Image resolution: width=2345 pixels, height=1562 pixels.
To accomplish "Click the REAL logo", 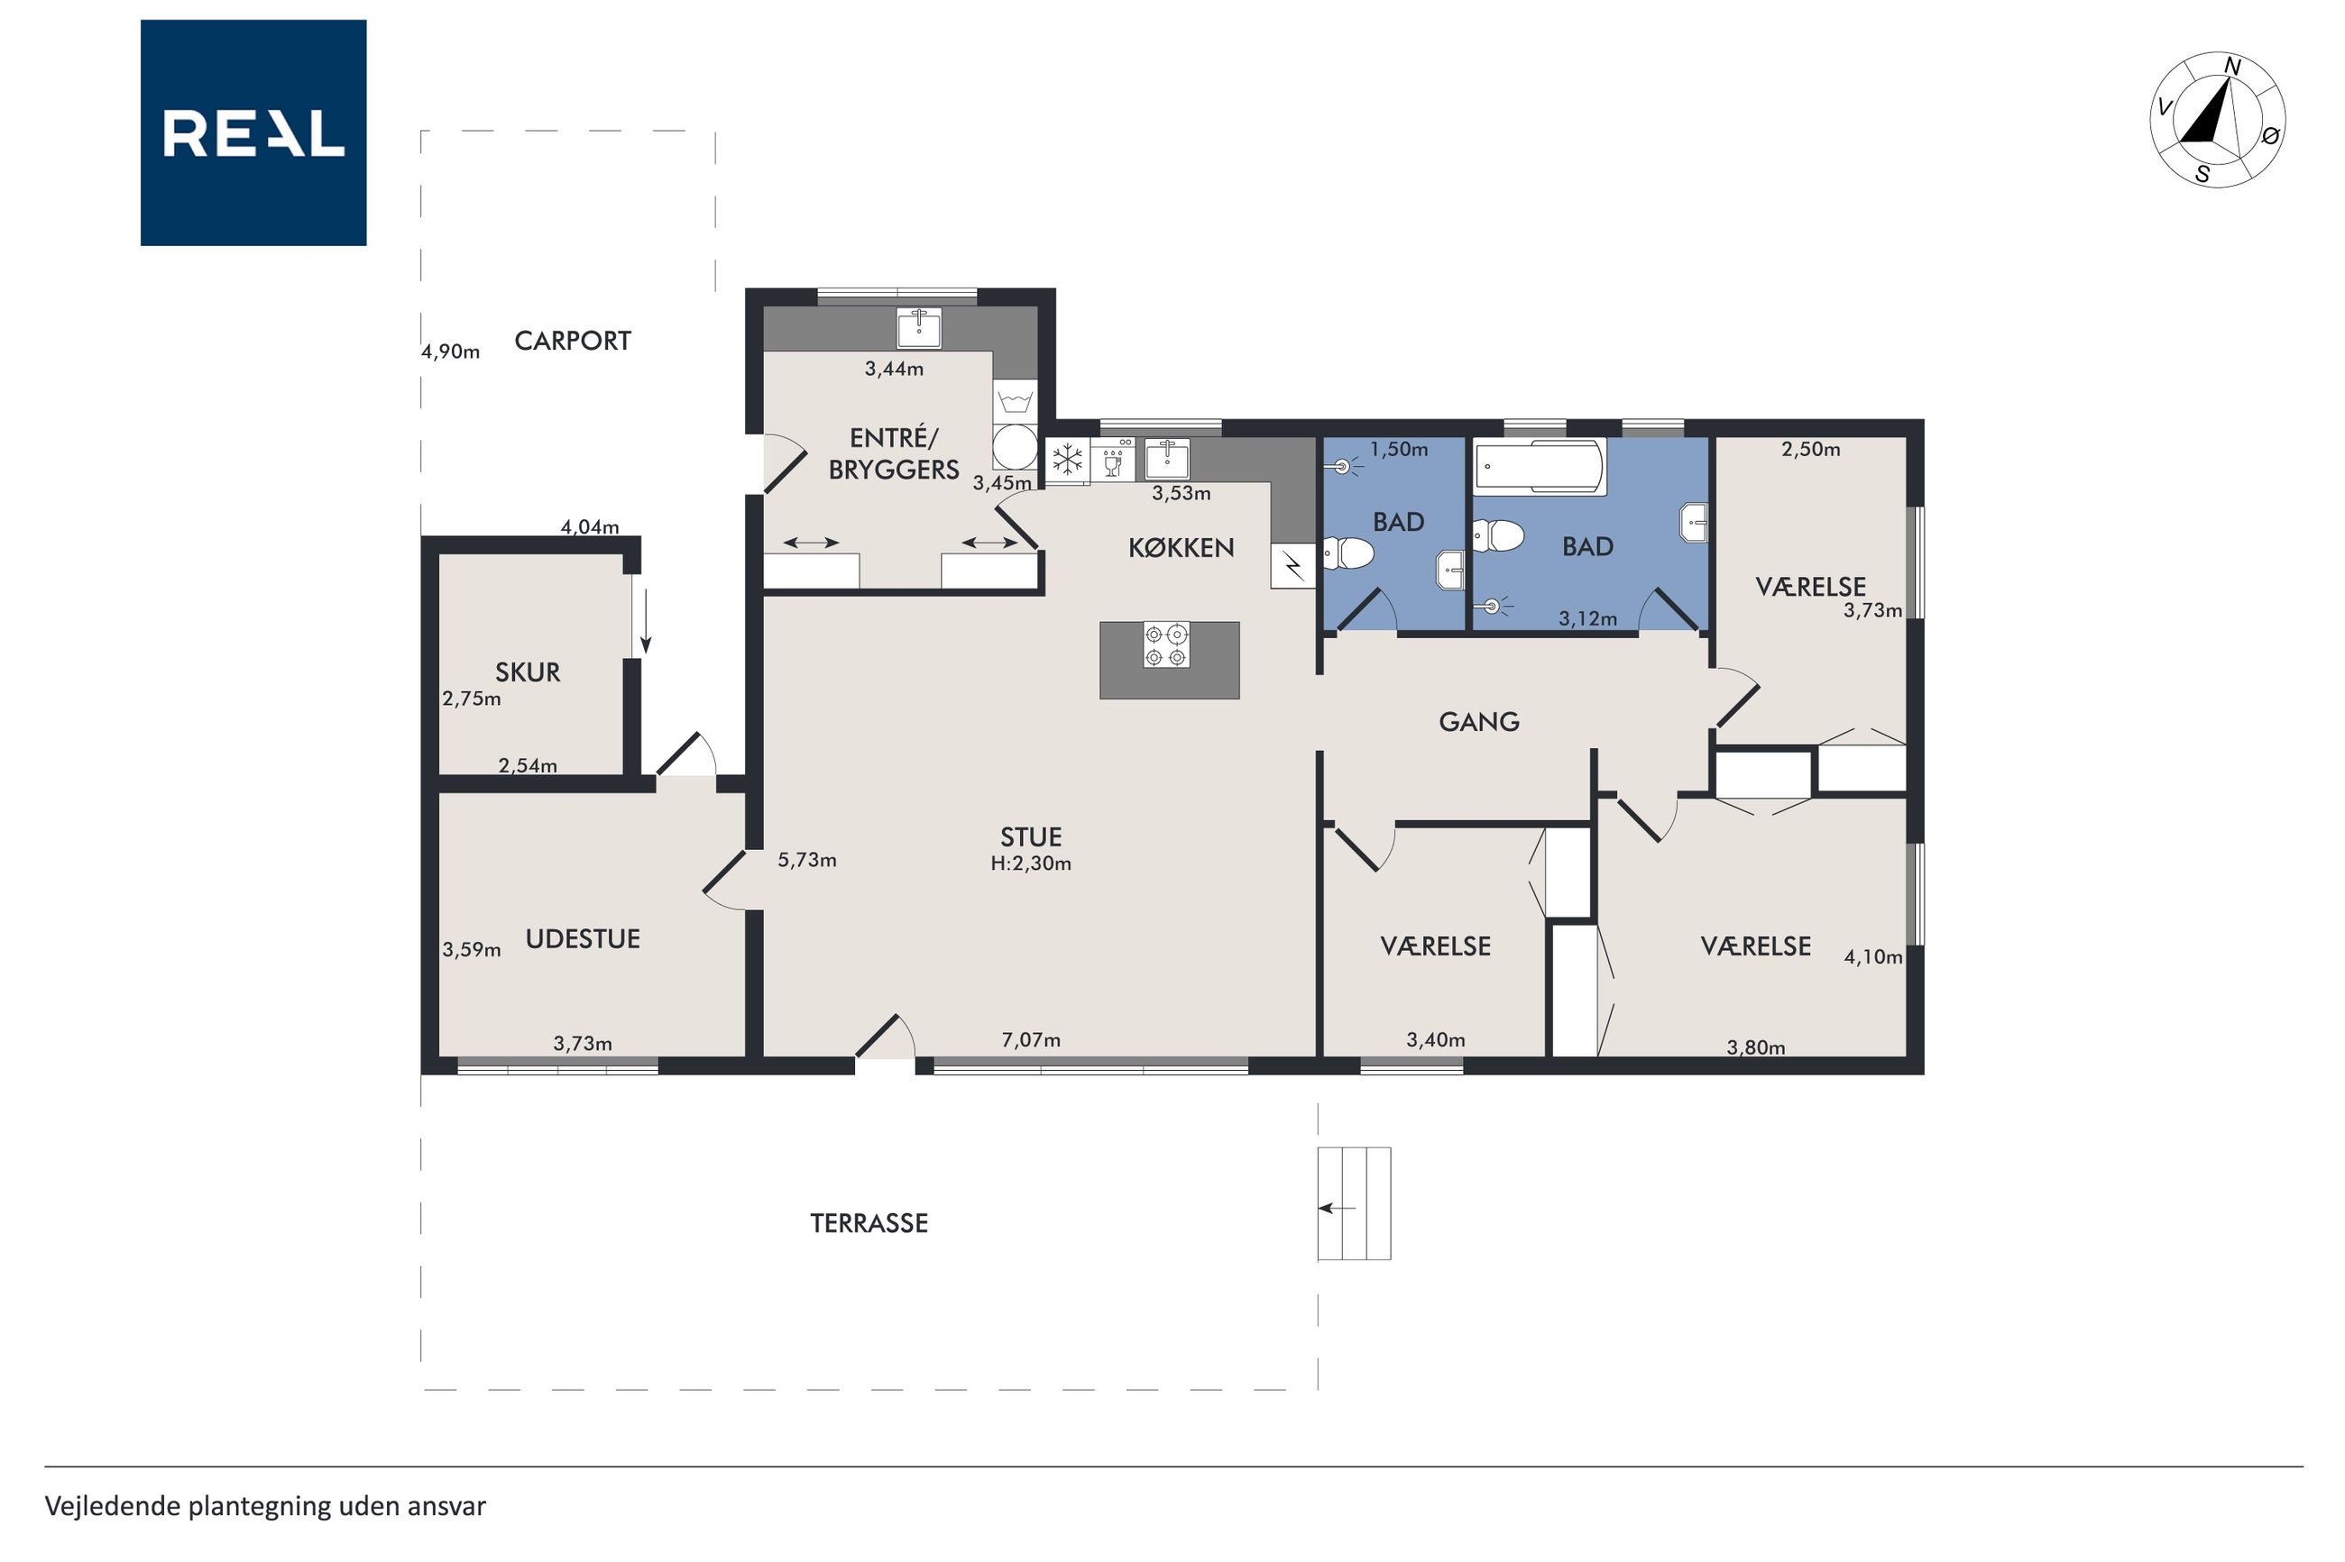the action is pyautogui.click(x=253, y=132).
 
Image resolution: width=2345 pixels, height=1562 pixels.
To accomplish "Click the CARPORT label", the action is pyautogui.click(x=572, y=341).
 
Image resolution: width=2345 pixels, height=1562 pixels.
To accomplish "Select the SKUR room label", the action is pyautogui.click(x=528, y=672).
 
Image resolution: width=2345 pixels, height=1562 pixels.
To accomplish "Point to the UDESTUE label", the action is pyautogui.click(x=582, y=938).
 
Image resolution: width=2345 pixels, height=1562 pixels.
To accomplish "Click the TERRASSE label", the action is pyautogui.click(x=869, y=1223).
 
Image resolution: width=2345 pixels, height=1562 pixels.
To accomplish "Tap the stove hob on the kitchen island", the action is pyautogui.click(x=1166, y=644).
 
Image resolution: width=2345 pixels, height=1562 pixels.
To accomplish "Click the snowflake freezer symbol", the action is pyautogui.click(x=1067, y=461).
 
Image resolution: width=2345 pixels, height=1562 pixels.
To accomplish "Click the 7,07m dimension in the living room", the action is pyautogui.click(x=1031, y=1040).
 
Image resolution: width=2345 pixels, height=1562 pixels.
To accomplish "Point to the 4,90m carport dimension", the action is pyautogui.click(x=449, y=351).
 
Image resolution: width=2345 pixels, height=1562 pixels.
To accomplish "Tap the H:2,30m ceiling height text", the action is pyautogui.click(x=1031, y=863).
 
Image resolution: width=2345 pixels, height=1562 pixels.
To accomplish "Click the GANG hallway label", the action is pyautogui.click(x=1479, y=721).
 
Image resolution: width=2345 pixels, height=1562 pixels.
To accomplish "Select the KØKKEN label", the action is pyautogui.click(x=1181, y=547).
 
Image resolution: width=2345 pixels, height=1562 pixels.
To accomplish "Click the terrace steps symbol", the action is pyautogui.click(x=1355, y=1203).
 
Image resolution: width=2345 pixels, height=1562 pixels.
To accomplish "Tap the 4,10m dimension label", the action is pyautogui.click(x=1872, y=957).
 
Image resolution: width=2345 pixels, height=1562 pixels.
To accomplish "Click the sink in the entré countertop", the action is pyautogui.click(x=919, y=328).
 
